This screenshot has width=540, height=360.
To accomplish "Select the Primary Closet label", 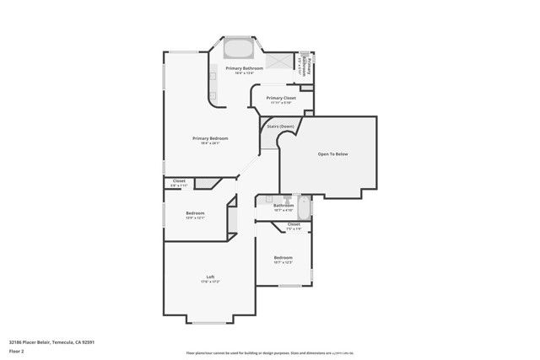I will [x=281, y=98].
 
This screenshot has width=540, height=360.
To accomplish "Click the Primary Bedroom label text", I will [x=210, y=138].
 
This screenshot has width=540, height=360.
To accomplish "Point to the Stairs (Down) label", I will [x=281, y=126].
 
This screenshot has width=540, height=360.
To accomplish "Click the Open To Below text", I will [x=332, y=155].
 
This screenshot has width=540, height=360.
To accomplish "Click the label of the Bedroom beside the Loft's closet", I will [x=195, y=212].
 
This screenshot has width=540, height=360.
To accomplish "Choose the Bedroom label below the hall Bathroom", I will [x=283, y=257].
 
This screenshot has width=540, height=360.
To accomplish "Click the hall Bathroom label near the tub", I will [x=283, y=205].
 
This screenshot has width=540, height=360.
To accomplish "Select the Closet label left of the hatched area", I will [x=179, y=180].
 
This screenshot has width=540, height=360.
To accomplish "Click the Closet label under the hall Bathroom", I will [x=294, y=224].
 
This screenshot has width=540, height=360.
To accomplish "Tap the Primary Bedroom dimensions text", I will [x=210, y=143].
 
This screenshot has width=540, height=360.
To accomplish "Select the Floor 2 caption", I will [x=17, y=352].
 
